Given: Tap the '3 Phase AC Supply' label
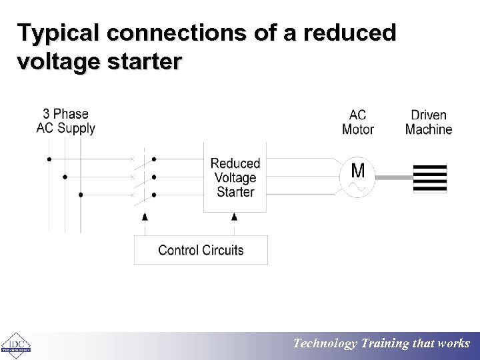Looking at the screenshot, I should coord(65,121).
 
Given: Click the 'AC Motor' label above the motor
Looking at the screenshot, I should coord(358,122).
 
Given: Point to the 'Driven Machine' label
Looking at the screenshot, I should coord(429,122).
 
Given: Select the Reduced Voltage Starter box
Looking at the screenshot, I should coord(235,177).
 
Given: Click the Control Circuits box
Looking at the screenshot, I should coord(201,250).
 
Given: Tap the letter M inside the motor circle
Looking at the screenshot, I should coord(358,171).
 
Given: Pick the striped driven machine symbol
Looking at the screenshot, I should coord(430,177).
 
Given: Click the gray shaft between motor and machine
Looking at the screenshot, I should coord(395,177).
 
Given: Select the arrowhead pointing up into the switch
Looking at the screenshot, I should coord(145,217).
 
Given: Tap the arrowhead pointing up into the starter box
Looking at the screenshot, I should coord(234,217).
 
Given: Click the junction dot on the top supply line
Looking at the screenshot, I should coord(49,159).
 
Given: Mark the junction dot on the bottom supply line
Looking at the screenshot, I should coord(81,195).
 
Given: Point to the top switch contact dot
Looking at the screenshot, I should coord(154,159).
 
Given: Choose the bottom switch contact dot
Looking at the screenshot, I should coord(154,195).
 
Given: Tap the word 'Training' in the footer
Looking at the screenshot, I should coord(385,344).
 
